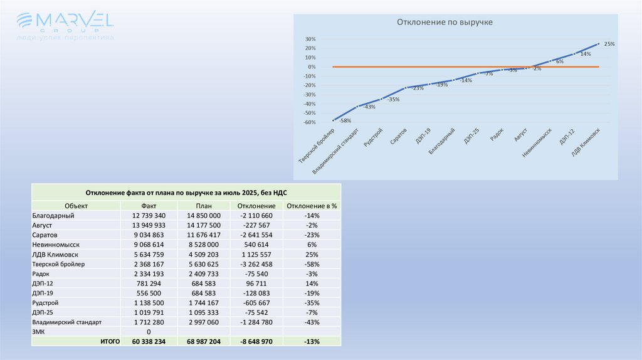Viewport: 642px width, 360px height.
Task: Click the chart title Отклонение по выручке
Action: [x=445, y=22]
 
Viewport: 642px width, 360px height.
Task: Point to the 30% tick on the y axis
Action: [x=310, y=39]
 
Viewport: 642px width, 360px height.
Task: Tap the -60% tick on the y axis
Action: [x=308, y=122]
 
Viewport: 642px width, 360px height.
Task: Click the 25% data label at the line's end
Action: [x=609, y=44]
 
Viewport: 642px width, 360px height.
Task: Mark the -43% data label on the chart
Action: [x=369, y=107]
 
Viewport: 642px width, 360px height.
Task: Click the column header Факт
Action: [x=149, y=206]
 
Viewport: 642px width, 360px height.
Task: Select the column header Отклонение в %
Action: [x=311, y=206]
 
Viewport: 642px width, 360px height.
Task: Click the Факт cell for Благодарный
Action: [x=149, y=215]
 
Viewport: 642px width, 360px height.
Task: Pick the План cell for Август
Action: [x=204, y=225]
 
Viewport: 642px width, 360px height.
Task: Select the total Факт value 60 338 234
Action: [x=149, y=342]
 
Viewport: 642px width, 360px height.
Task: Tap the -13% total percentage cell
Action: [x=311, y=342]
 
